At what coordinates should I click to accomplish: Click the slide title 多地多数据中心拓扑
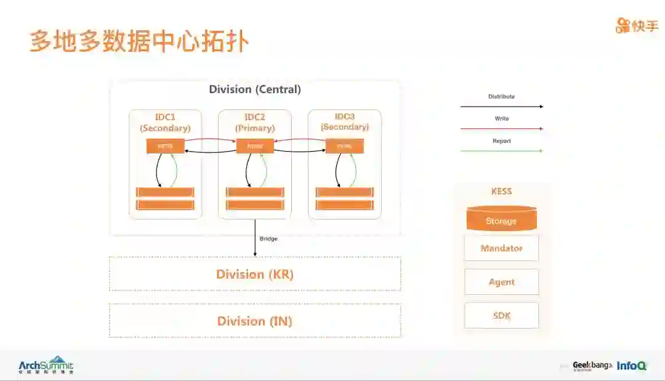click(139, 41)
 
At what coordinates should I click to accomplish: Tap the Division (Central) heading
click(255, 89)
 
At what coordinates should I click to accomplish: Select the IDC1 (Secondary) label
click(165, 123)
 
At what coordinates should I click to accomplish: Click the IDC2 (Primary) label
click(255, 123)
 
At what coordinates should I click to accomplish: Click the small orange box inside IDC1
click(165, 146)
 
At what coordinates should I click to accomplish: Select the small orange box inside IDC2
click(255, 146)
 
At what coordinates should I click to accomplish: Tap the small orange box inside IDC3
click(345, 146)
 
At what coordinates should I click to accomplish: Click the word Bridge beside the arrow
click(268, 239)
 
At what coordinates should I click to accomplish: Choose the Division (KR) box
click(255, 274)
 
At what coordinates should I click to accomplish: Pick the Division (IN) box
click(255, 321)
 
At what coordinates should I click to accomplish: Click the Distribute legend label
click(501, 97)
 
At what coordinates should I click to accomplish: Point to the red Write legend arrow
click(501, 129)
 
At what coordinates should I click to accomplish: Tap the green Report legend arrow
click(501, 151)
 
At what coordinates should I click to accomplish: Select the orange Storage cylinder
click(501, 220)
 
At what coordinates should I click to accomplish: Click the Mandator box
click(501, 248)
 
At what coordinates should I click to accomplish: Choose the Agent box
click(501, 282)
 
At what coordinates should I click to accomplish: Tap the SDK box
click(501, 316)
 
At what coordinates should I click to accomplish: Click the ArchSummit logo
click(46, 366)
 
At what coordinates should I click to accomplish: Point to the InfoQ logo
click(632, 366)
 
